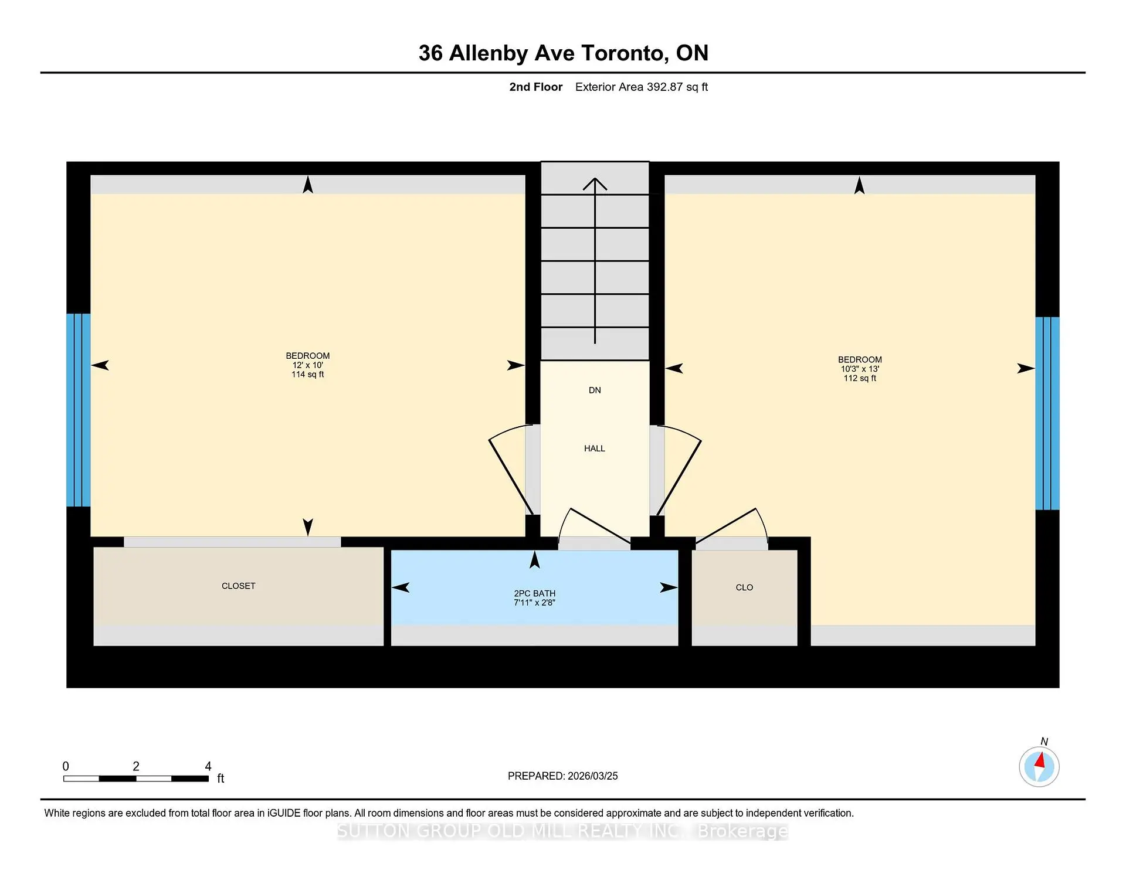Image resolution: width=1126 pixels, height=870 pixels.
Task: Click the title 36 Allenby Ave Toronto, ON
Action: [563, 53]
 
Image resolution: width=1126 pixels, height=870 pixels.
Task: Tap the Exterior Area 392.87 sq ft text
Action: [641, 87]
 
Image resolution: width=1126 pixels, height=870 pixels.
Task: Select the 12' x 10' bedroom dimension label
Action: [307, 365]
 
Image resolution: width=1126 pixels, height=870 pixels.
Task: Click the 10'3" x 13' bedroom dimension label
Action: [860, 369]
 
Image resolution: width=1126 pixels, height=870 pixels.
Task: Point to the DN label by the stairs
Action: [595, 390]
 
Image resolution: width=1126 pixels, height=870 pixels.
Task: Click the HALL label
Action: [594, 448]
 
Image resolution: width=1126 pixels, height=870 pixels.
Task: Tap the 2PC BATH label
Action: [534, 593]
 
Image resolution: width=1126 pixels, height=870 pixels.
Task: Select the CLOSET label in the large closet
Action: [238, 586]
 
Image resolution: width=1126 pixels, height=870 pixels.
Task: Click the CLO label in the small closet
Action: [744, 587]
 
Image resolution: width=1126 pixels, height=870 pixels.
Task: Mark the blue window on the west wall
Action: [78, 410]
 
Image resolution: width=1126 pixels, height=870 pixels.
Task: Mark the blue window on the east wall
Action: [1047, 413]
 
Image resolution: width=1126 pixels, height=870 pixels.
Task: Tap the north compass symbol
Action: [1039, 766]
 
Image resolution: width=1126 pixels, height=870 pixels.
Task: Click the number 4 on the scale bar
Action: [208, 766]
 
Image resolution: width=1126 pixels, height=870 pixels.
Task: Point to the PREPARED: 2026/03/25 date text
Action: [562, 776]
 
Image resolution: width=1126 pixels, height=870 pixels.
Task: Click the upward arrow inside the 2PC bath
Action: [534, 560]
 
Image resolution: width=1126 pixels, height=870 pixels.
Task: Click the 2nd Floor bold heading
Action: [535, 87]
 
